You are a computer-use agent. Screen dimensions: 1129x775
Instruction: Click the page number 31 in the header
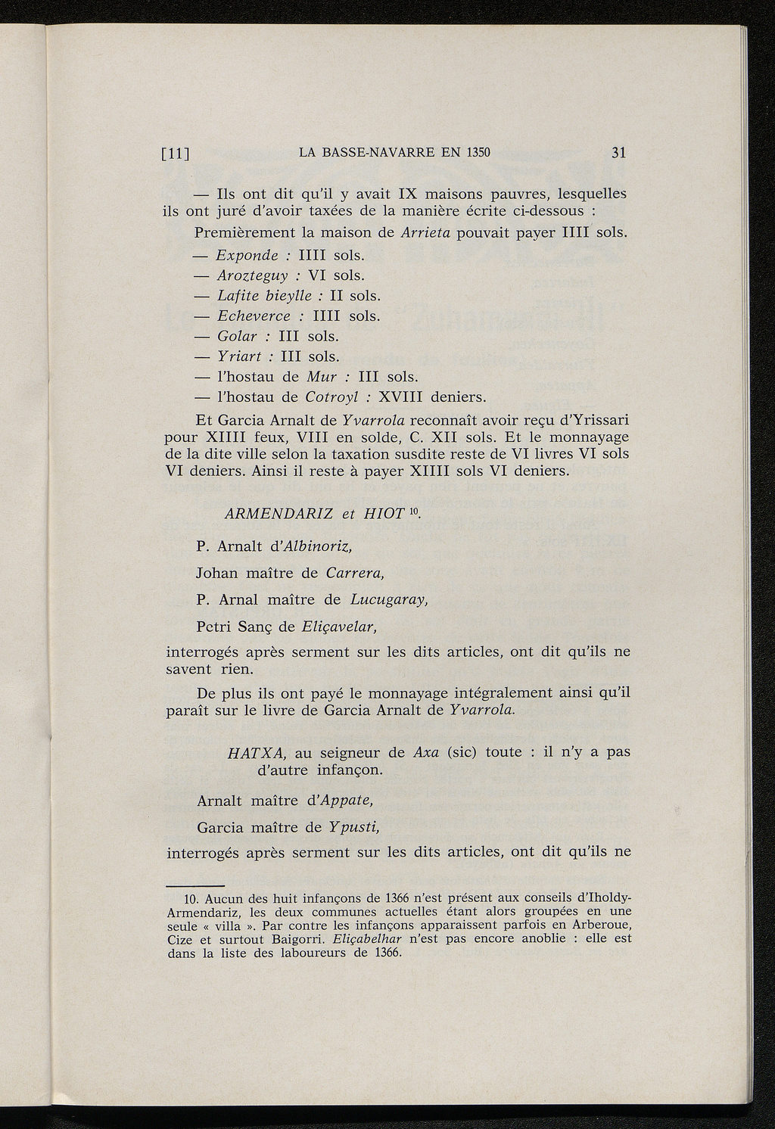[618, 152]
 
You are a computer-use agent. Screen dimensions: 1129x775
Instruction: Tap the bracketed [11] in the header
[176, 153]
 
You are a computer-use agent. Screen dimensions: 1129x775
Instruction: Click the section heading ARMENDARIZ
[279, 514]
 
